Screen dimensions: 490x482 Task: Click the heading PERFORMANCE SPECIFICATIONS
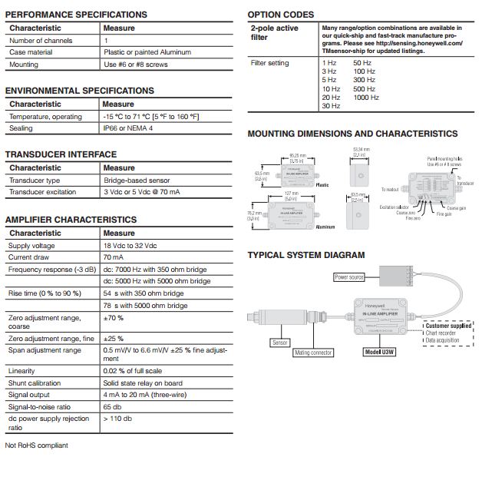pos(76,15)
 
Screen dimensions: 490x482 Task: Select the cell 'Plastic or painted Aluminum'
pos(147,52)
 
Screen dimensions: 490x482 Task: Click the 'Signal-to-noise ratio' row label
pos(39,406)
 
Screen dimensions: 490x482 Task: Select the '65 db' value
pos(113,406)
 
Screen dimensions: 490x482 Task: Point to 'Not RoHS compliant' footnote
pos(36,445)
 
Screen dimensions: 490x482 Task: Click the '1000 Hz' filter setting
pos(365,98)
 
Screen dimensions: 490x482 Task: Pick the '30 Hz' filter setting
pos(331,106)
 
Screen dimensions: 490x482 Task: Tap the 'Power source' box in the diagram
pos(349,276)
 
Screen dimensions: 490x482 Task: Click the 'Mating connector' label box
pos(313,353)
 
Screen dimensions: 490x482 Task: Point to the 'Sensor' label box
pos(279,343)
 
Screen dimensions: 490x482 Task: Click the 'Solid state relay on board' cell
pos(143,382)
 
